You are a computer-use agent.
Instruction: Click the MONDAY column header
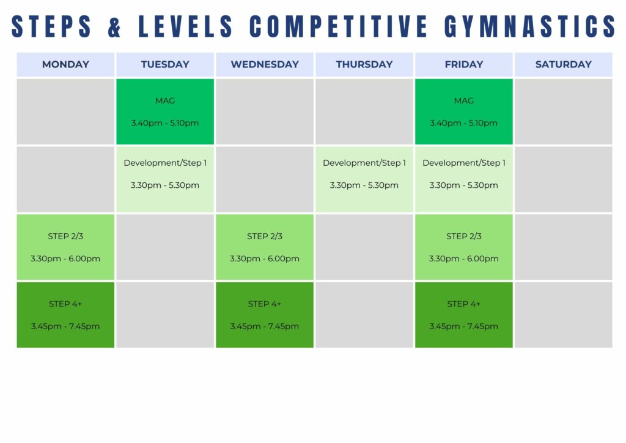point(65,64)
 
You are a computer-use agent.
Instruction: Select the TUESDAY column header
point(165,64)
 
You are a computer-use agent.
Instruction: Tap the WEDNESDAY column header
point(265,64)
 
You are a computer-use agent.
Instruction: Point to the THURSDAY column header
point(364,64)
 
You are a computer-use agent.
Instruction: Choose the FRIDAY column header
point(464,64)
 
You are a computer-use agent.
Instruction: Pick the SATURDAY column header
point(563,64)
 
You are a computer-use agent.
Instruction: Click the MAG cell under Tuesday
point(165,111)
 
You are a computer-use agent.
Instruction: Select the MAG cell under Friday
point(464,111)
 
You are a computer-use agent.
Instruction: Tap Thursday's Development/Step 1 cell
point(364,179)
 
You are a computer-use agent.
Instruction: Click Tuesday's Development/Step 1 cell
point(165,179)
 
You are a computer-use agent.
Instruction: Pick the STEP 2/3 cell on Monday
point(65,247)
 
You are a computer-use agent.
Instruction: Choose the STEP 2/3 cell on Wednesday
point(265,247)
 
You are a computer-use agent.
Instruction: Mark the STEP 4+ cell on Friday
point(464,315)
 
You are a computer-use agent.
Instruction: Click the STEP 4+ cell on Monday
point(65,315)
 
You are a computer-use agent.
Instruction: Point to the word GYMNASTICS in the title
point(530,27)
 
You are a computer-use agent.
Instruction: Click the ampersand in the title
point(114,27)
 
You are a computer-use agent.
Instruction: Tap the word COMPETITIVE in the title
point(339,27)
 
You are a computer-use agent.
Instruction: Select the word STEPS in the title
point(51,27)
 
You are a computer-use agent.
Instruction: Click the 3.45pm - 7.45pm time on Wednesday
point(264,326)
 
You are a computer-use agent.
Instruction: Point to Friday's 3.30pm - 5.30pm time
point(463,185)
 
